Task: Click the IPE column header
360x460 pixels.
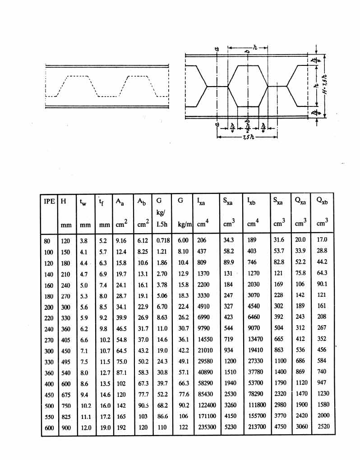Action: pos(49,201)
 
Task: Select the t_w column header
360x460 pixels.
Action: pos(83,202)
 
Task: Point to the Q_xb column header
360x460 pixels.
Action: pos(322,201)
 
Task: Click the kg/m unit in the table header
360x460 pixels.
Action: pos(185,225)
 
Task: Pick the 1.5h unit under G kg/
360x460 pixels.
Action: pos(162,225)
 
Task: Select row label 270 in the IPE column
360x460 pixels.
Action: pos(49,340)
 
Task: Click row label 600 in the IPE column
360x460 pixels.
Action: pos(49,428)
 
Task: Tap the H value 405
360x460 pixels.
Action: pos(66,340)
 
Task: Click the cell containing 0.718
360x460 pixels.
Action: pos(163,240)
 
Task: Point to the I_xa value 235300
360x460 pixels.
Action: pos(207,427)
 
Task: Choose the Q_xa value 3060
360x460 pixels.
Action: pos(302,427)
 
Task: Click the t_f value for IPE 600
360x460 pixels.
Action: pos(105,428)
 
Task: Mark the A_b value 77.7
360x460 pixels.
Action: pos(143,395)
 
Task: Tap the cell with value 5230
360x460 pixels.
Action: pos(231,427)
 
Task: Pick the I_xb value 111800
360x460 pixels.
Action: pos(257,405)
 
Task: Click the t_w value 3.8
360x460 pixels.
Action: pos(83,241)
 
